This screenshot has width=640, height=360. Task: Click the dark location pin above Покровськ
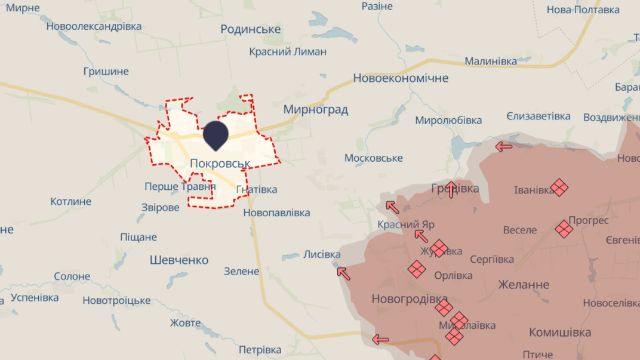tap(216, 134)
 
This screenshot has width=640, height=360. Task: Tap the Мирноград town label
tap(315, 110)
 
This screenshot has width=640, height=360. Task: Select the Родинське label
tap(251, 29)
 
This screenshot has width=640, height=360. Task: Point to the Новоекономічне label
tap(401, 78)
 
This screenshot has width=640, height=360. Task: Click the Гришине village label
tap(106, 72)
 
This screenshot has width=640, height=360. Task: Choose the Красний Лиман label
tap(288, 52)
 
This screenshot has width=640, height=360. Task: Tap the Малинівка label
tap(491, 61)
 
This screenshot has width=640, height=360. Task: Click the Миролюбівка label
tap(448, 121)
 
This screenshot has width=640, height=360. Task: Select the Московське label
tap(374, 158)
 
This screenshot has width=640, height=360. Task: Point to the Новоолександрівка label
tap(94, 26)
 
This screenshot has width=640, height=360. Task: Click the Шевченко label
tap(179, 260)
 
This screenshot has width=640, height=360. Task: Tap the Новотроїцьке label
tap(116, 300)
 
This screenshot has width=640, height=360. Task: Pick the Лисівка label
tap(322, 254)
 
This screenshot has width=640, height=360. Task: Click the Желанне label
tap(524, 285)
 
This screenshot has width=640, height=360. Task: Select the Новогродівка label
tap(410, 299)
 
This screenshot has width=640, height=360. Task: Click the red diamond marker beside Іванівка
tap(559, 187)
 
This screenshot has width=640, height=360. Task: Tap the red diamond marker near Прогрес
tap(564, 229)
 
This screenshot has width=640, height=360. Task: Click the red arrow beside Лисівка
tap(343, 273)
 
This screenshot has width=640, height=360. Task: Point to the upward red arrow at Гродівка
tap(452, 189)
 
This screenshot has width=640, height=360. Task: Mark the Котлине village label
tap(71, 201)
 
